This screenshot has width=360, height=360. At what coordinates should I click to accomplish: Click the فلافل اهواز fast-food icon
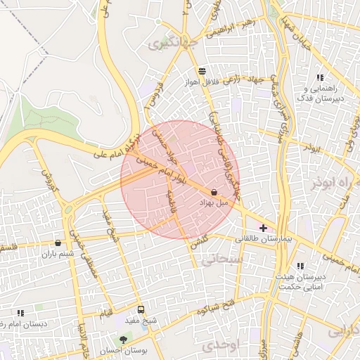202,71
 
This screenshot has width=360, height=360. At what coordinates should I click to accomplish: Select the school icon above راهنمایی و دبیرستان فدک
320,78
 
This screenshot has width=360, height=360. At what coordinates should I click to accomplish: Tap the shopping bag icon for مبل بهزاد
213,191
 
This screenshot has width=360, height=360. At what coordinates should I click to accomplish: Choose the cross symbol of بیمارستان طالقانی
264,228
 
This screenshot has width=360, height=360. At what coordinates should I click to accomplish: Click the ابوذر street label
312,148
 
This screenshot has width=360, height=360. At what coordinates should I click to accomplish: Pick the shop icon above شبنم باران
58,243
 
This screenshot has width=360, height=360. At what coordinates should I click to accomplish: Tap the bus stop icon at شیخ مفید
141,310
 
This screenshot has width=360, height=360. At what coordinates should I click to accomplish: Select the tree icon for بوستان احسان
124,340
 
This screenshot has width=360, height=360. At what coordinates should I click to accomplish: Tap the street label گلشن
199,242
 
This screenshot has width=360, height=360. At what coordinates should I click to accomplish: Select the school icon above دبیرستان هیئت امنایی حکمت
300,266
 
